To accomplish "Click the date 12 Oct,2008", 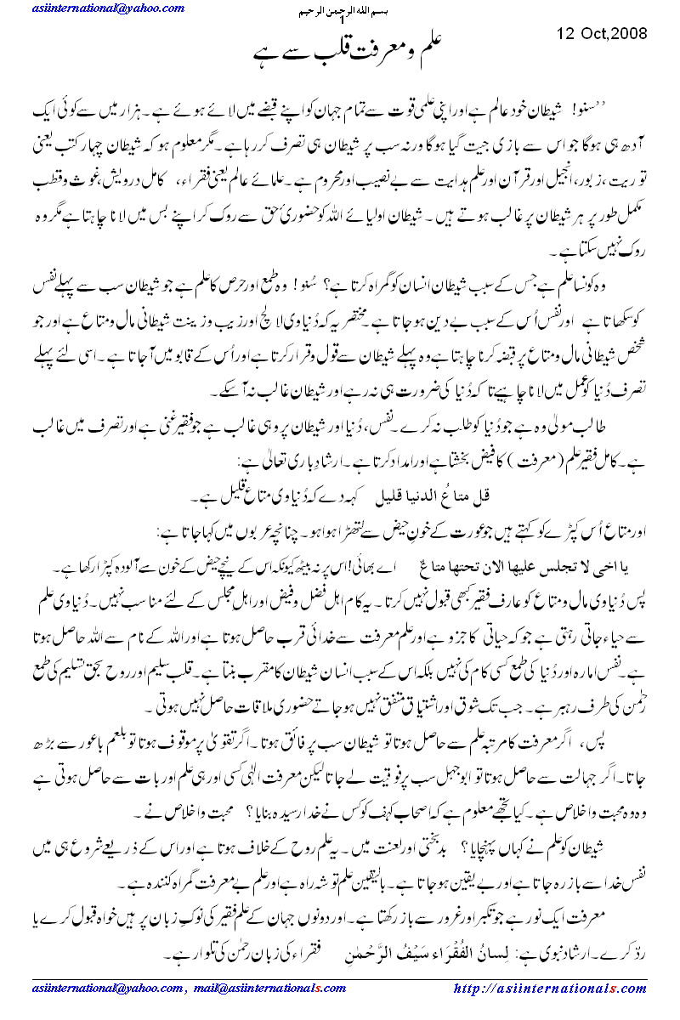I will pyautogui.click(x=603, y=34).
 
